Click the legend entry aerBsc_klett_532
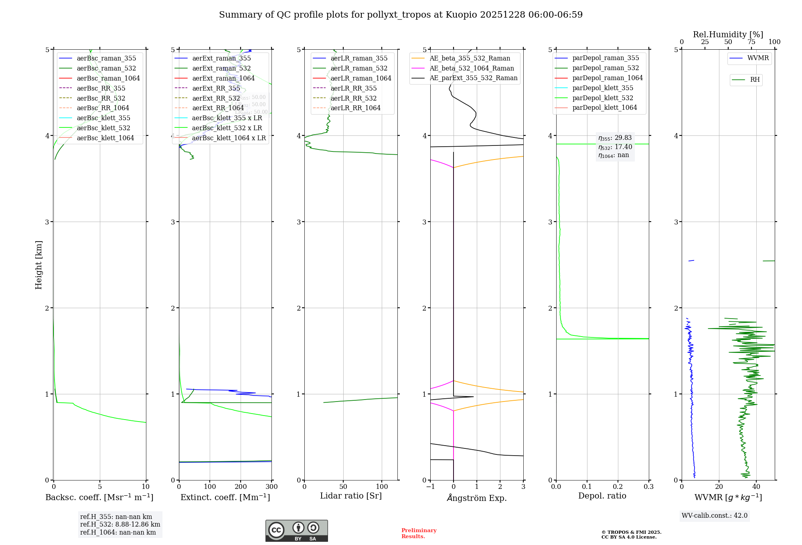point(103,128)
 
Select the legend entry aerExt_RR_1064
point(218,108)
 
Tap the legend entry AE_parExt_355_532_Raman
point(473,78)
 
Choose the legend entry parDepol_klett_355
point(603,88)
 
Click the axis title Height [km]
point(38,265)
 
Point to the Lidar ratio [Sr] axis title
point(351,496)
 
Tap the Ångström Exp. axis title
point(477,498)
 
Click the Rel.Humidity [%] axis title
point(728,34)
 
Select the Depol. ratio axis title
point(602,496)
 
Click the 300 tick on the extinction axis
point(271,487)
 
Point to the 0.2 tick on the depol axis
point(618,487)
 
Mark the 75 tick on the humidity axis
point(751,42)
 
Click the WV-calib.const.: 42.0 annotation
point(715,515)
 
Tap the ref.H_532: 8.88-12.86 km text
point(120,524)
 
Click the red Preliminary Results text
point(419,533)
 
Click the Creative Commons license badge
point(296,531)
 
